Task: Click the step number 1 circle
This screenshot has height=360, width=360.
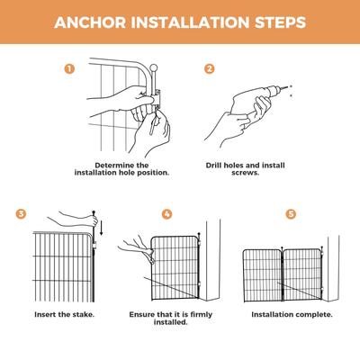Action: point(69,69)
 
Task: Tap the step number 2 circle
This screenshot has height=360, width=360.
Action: point(210,69)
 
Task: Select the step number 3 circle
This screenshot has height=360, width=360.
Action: point(21,214)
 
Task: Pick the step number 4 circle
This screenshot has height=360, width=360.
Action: point(167,214)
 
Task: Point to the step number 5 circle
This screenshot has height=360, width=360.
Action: point(291,214)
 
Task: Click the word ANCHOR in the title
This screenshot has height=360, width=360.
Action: point(90,22)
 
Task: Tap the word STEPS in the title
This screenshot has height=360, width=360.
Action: point(281,22)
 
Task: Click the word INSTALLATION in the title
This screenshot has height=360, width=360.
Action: point(190,22)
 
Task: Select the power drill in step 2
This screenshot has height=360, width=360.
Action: point(258,98)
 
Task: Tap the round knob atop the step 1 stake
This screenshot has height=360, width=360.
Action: point(154,67)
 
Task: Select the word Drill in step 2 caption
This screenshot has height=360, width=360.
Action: point(213,166)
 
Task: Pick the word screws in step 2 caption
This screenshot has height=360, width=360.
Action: point(245,173)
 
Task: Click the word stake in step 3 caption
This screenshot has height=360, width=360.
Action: point(84,315)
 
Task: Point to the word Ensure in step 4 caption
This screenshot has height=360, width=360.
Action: point(142,315)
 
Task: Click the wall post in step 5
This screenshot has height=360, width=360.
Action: point(334,268)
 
